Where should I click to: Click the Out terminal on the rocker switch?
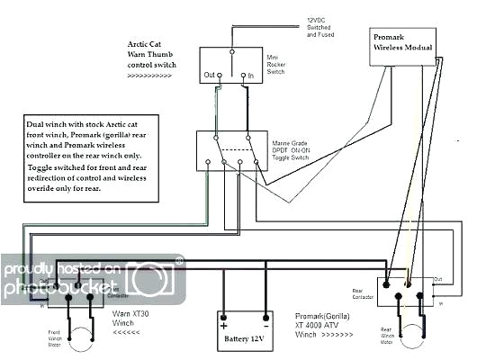(x=211, y=75)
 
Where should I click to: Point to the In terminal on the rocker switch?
(x=249, y=75)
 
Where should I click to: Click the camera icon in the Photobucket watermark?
(x=148, y=278)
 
